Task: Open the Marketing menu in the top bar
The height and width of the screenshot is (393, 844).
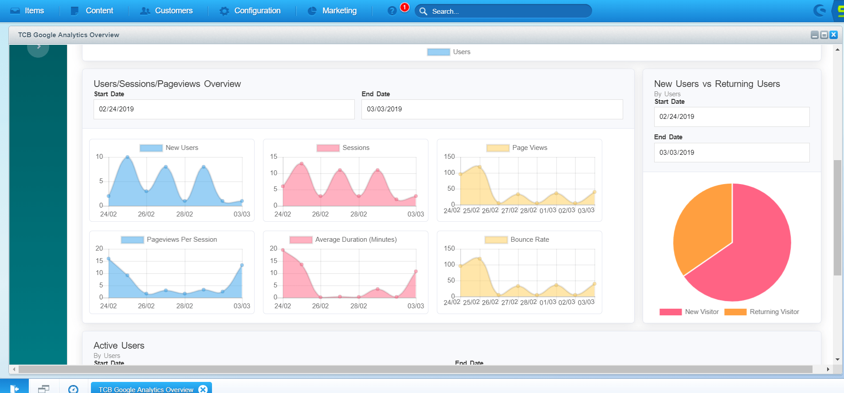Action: [339, 11]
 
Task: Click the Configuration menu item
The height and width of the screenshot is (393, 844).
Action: [257, 11]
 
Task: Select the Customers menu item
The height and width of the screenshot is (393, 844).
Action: [173, 11]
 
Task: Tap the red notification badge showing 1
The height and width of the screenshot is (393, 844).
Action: [404, 7]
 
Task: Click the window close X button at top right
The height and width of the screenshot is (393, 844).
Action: [833, 35]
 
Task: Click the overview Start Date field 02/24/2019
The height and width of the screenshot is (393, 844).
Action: [224, 109]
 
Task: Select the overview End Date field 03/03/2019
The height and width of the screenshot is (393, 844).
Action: [492, 109]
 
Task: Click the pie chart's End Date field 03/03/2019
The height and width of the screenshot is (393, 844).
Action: [731, 153]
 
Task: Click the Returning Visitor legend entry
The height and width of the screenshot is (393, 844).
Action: [774, 312]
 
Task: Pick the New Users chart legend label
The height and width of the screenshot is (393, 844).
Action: [181, 148]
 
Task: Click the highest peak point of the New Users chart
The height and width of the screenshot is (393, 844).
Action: [128, 157]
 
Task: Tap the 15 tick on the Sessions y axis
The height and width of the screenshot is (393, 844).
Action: [274, 157]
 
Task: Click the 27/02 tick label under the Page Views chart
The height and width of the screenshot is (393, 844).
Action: [509, 210]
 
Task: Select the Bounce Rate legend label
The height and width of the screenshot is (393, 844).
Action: [529, 240]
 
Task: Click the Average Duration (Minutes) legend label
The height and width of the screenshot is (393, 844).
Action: [356, 240]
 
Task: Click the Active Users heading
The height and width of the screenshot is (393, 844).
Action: [119, 346]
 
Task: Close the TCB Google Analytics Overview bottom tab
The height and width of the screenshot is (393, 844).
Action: [203, 389]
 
